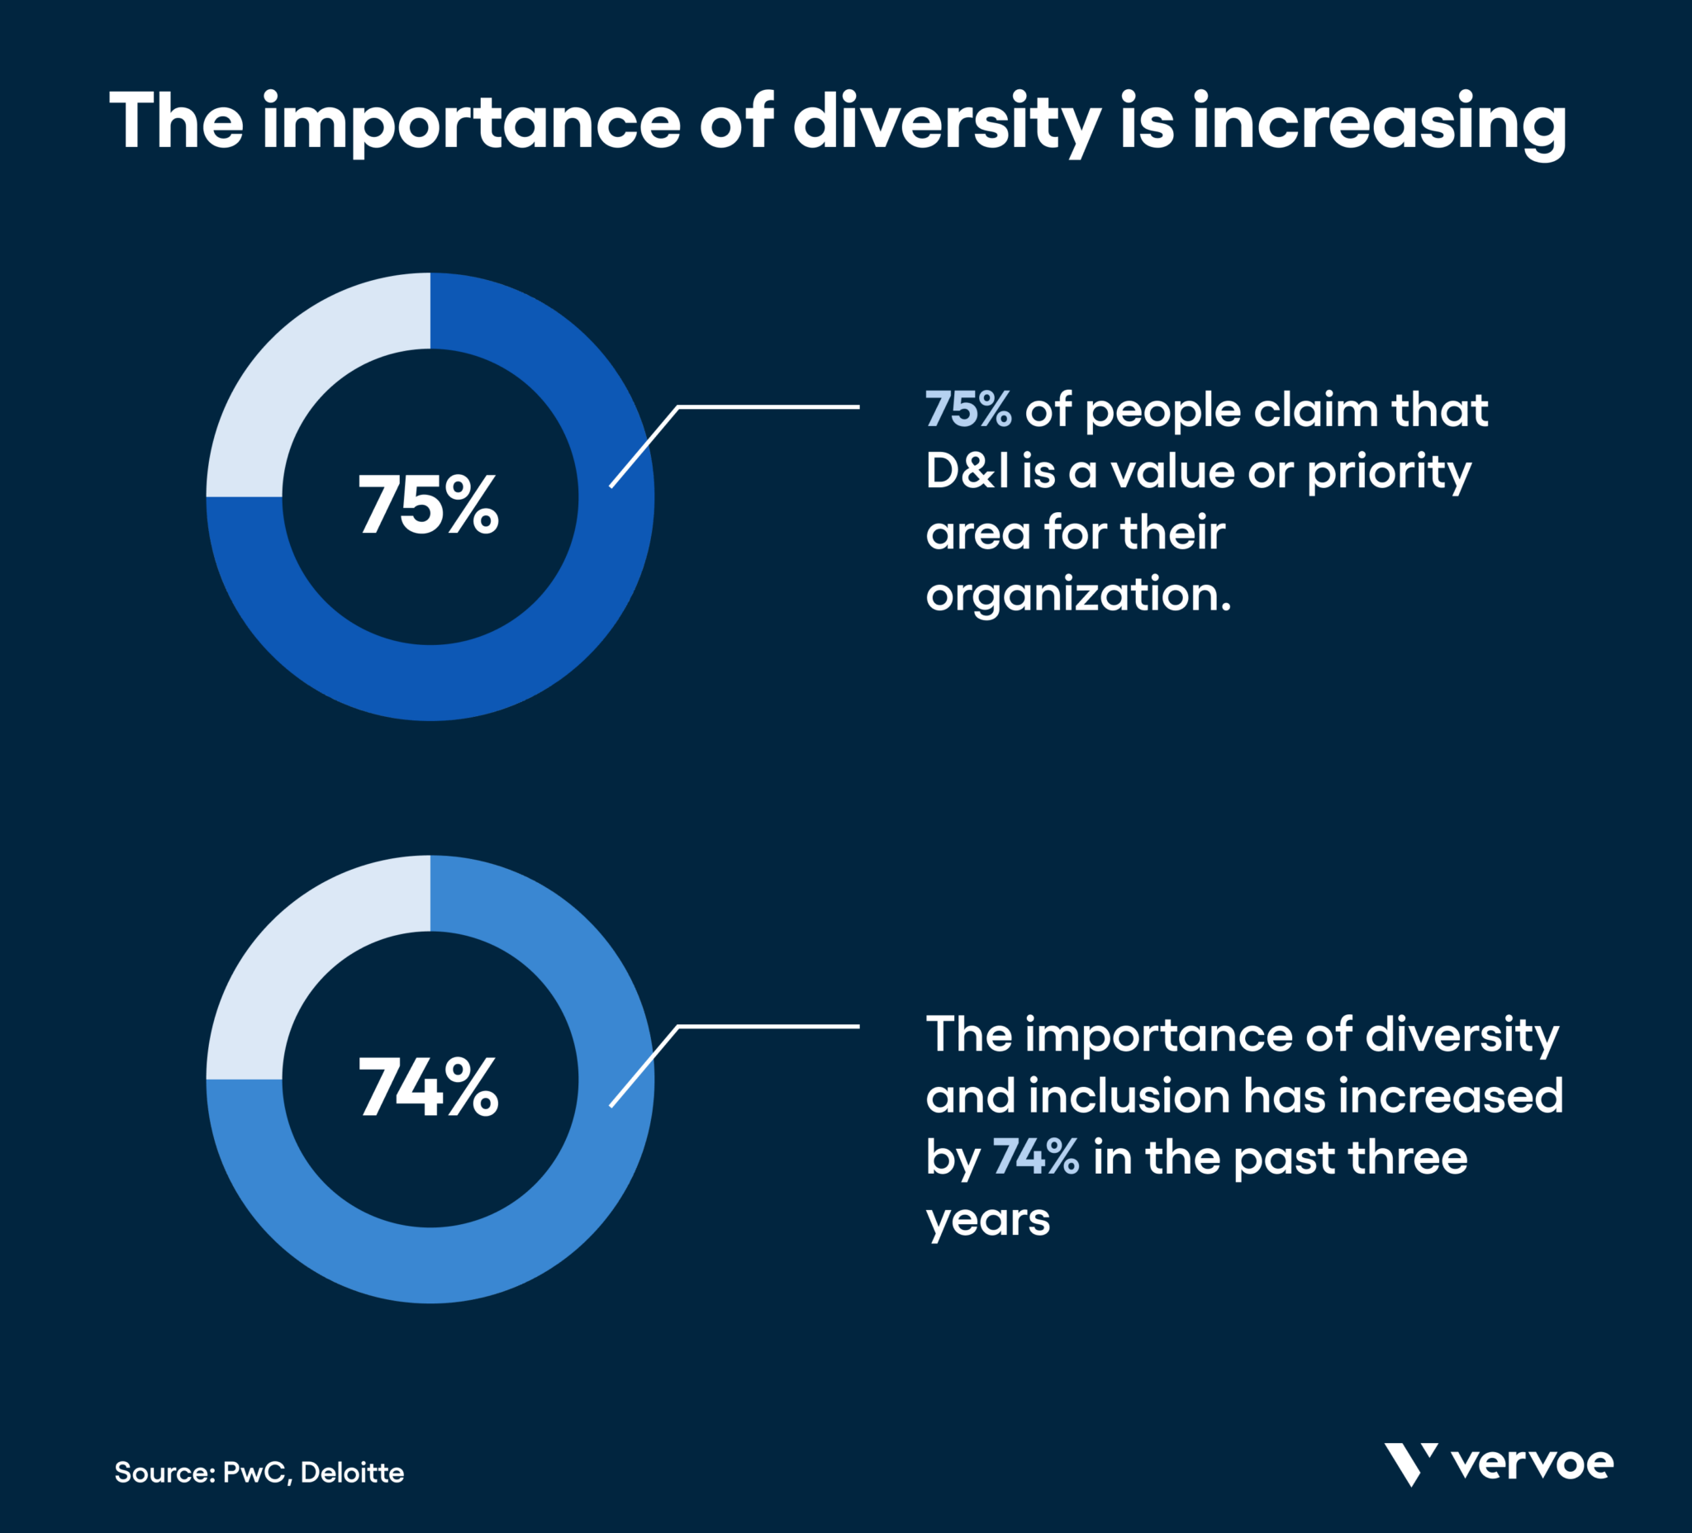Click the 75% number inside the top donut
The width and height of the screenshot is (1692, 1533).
coord(428,505)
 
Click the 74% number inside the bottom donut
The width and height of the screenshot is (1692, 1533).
coord(428,1088)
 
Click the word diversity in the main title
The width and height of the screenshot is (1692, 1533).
coord(947,122)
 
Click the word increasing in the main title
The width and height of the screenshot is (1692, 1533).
coord(1379,124)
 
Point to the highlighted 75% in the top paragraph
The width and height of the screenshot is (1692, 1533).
coord(967,410)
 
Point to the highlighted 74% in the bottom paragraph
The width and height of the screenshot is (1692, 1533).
coord(1036,1157)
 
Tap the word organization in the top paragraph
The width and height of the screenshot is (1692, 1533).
coord(1077,596)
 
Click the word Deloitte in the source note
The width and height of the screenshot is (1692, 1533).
coord(352,1473)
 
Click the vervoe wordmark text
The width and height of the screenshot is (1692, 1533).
coord(1532,1464)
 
